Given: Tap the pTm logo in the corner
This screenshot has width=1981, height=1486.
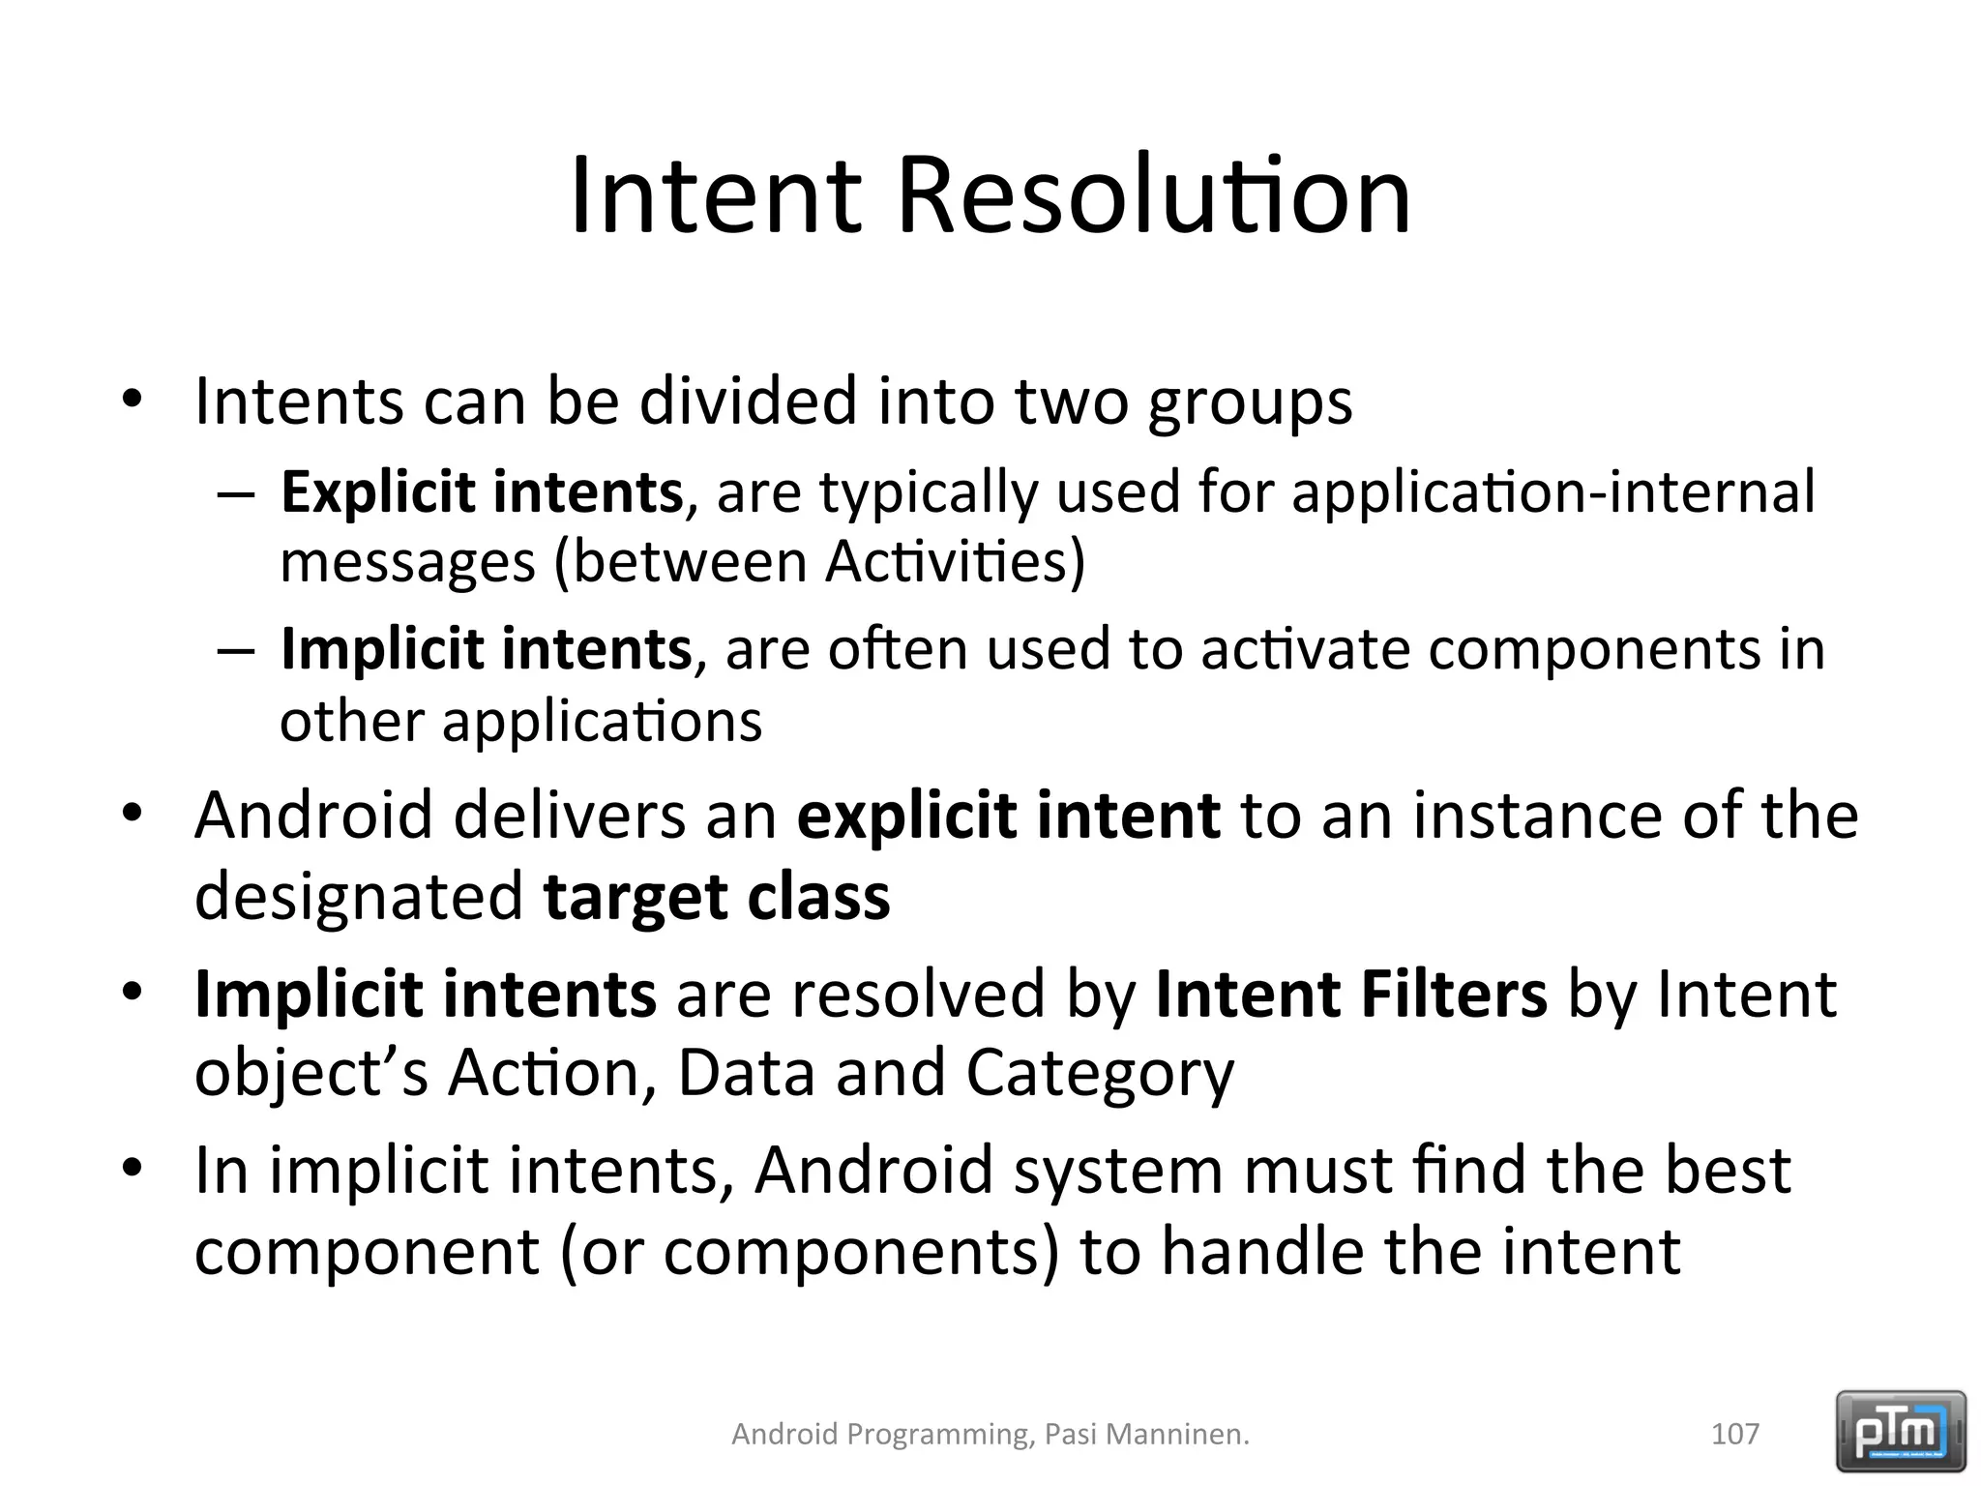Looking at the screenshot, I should (1901, 1430).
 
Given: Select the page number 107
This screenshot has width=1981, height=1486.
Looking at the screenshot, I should (1735, 1434).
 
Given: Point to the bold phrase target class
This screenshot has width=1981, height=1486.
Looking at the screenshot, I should (716, 897).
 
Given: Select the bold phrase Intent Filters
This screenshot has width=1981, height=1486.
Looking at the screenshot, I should (1350, 994).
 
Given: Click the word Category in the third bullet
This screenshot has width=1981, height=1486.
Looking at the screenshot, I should (1100, 1075).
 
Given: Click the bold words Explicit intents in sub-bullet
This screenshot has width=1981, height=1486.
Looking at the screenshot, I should (482, 491).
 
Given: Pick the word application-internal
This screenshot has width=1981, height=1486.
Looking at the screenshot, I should (1552, 491).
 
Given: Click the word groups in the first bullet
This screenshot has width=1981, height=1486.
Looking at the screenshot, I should (1250, 401).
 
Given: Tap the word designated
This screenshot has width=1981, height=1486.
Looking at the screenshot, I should (359, 897).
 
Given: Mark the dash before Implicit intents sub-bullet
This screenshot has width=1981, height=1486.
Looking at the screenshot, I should (236, 649).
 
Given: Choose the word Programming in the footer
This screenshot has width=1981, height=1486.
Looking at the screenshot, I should (936, 1434).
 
